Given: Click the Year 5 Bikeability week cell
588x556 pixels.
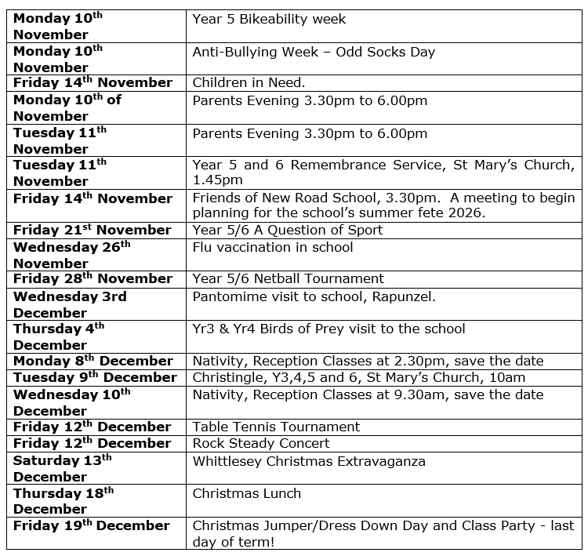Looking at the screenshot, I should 269,19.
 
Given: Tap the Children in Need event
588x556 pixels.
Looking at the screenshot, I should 249,82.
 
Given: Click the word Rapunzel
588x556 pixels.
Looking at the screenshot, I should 407,296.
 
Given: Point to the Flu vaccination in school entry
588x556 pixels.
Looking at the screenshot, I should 272,247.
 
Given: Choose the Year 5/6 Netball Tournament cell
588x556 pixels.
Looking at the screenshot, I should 288,278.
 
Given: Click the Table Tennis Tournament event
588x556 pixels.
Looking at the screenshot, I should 276,427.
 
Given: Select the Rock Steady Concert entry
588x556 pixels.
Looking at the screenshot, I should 261,443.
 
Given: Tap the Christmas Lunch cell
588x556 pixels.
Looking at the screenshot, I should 246,493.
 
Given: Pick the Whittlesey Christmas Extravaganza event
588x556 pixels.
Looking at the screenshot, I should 309,460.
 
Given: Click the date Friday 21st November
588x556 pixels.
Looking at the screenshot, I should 92,230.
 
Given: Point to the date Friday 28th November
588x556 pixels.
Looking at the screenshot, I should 92,278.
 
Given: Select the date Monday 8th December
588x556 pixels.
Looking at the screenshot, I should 93,361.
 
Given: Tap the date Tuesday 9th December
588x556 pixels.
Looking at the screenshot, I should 95,377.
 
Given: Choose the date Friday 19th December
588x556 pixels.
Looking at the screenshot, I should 91,525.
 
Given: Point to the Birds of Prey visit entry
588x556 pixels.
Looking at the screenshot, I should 328,329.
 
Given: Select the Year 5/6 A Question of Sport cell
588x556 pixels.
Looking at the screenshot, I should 287,230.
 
